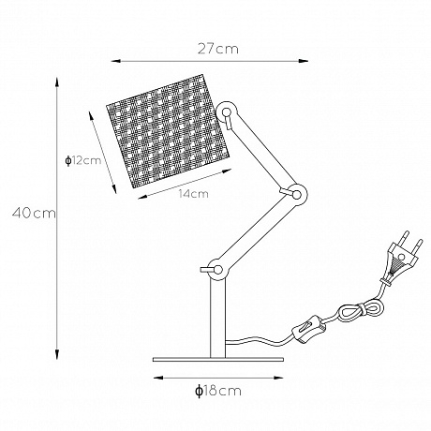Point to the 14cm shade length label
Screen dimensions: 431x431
pos(192,194)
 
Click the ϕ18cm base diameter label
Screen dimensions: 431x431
pos(216,392)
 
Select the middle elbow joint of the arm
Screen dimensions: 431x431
pos(296,196)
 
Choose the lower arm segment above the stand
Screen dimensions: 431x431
pos(256,233)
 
